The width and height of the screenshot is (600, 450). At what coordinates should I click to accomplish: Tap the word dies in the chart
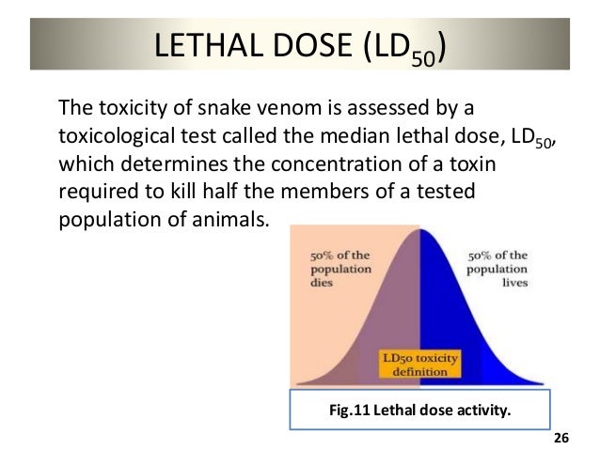click(322, 280)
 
